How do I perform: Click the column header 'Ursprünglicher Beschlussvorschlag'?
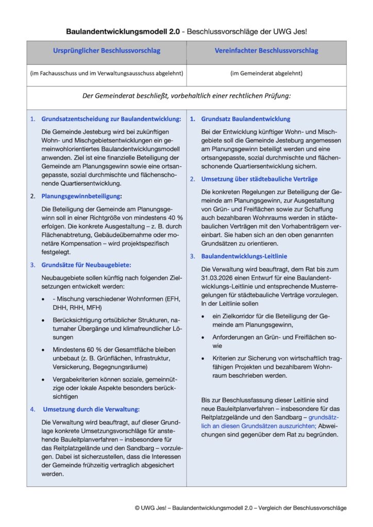[107, 51]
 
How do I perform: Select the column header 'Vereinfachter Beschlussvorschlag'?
[266, 51]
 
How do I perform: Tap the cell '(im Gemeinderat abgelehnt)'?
[266, 73]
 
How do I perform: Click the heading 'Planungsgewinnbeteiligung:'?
[81, 196]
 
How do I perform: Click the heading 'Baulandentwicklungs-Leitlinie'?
[244, 256]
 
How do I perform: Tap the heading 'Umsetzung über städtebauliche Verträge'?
[259, 179]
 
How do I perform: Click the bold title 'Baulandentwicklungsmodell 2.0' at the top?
[123, 31]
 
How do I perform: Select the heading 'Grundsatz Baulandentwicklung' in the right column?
[246, 119]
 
